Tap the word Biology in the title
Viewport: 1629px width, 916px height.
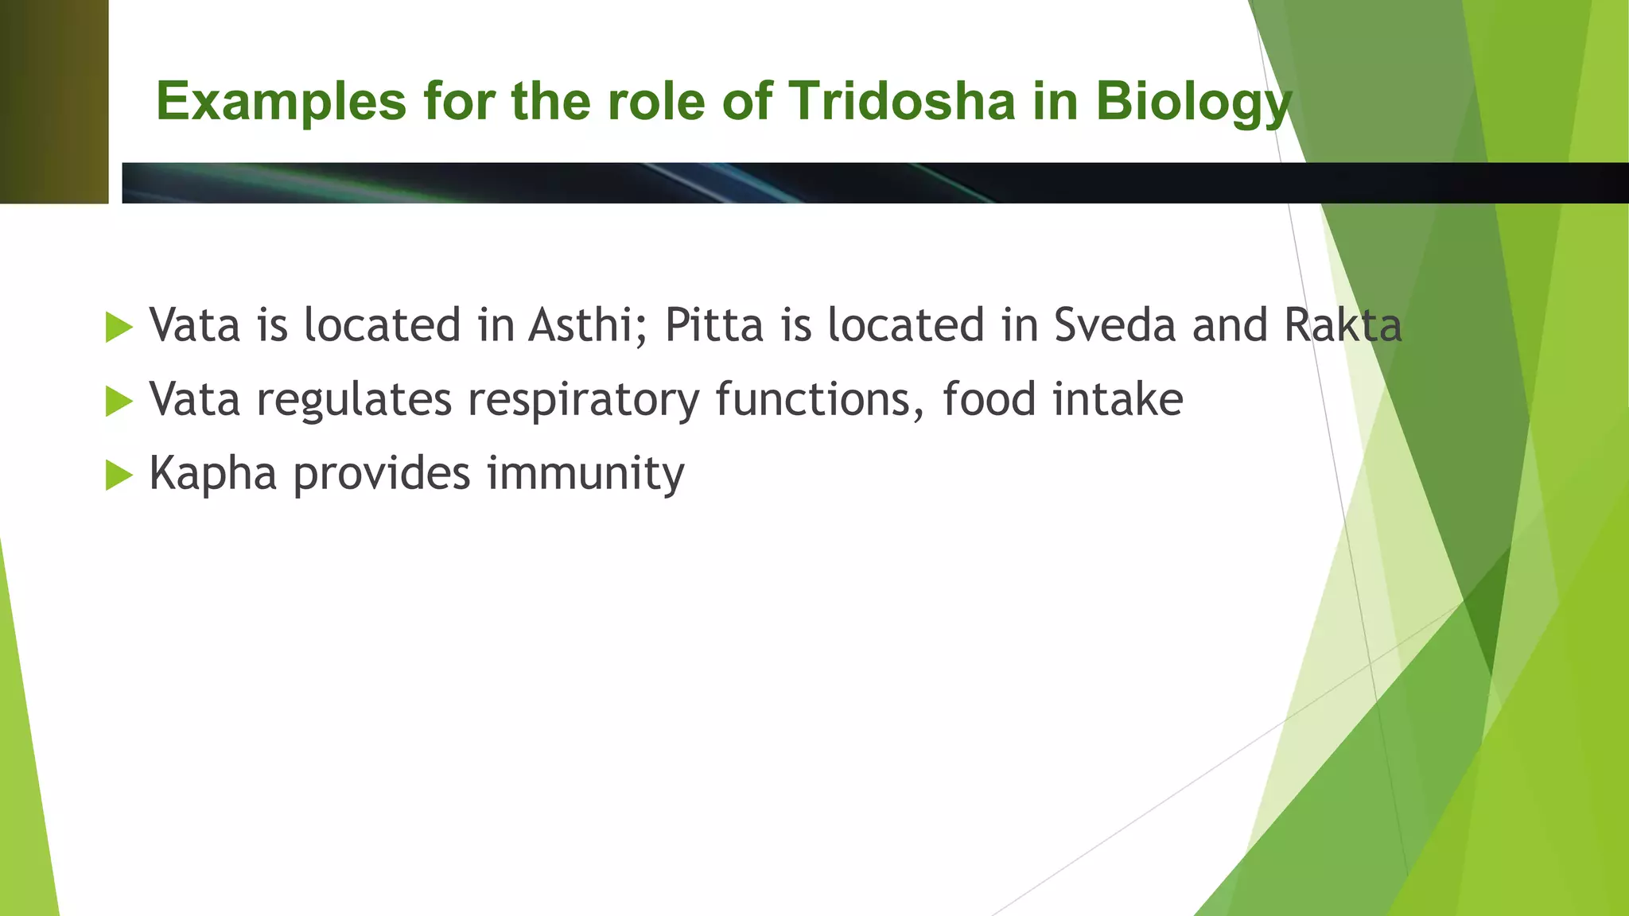tap(1193, 103)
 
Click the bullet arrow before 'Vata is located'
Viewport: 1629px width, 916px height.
tap(119, 328)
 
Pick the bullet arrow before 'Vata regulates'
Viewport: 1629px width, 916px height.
tap(119, 401)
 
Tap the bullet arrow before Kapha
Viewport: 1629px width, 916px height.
tap(119, 475)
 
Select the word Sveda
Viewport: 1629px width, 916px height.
tap(1114, 325)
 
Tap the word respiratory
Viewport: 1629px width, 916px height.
tap(583, 400)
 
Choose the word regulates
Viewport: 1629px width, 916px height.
tap(354, 400)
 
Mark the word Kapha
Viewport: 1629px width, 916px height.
tap(212, 474)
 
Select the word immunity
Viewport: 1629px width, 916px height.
tap(585, 474)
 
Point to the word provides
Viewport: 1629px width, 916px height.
tap(382, 474)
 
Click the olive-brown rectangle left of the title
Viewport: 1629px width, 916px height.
tap(54, 102)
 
